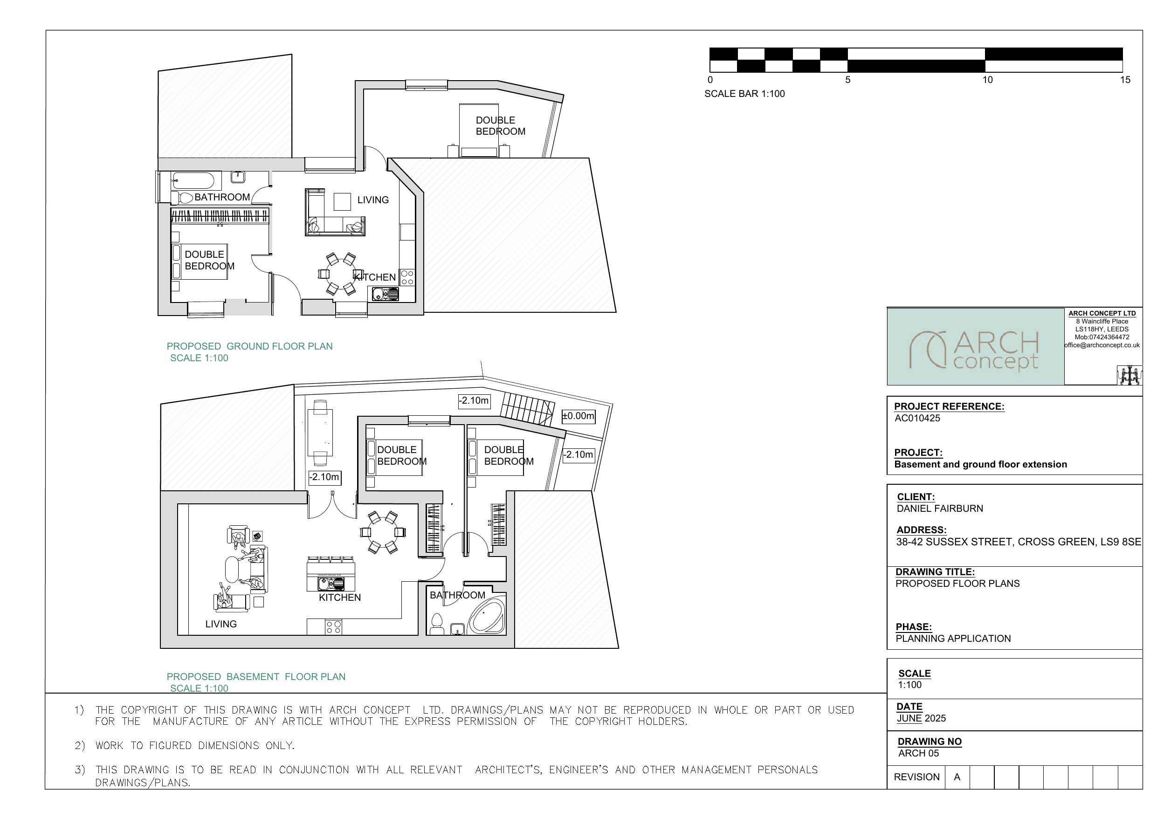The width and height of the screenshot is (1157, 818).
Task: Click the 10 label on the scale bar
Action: [987, 80]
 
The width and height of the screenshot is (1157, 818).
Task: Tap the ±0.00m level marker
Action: [578, 416]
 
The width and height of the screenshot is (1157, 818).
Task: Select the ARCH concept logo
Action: [975, 349]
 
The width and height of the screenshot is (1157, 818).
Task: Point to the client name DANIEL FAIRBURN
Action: [940, 509]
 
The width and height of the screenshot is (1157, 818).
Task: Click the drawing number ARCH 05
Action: [918, 753]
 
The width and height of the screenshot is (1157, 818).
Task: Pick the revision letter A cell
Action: [957, 777]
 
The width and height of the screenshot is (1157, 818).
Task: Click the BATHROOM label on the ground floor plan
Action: [222, 197]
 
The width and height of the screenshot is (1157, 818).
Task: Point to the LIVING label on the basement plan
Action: [220, 624]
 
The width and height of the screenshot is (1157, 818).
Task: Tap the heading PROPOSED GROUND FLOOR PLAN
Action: [249, 346]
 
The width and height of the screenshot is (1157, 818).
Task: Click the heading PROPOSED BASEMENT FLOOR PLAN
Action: [256, 676]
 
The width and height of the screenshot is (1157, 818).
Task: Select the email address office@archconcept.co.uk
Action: [1102, 345]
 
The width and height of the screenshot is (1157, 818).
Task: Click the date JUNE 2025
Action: [921, 718]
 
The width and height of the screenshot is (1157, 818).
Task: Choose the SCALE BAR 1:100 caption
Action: [744, 94]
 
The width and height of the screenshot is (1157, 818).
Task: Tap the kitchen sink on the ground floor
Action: [386, 293]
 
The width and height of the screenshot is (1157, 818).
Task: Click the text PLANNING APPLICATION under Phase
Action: [953, 639]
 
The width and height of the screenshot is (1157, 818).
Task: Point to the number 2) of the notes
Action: [80, 745]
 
